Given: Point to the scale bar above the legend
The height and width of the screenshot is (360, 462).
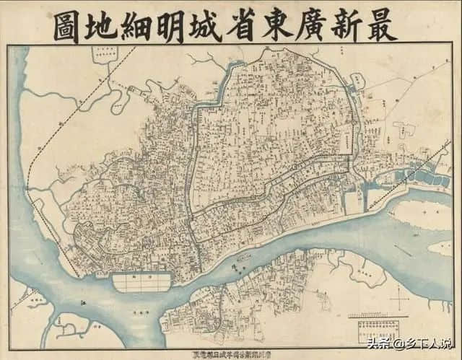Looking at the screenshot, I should tap(375, 315).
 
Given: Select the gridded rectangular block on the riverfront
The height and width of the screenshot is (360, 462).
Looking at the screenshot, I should tap(141, 281).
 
